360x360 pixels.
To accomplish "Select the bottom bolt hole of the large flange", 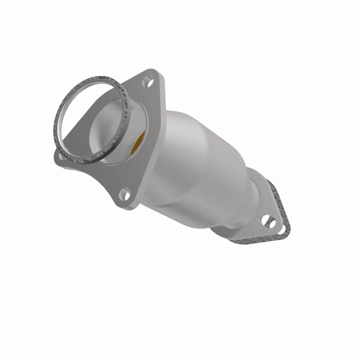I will pos(125,194).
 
